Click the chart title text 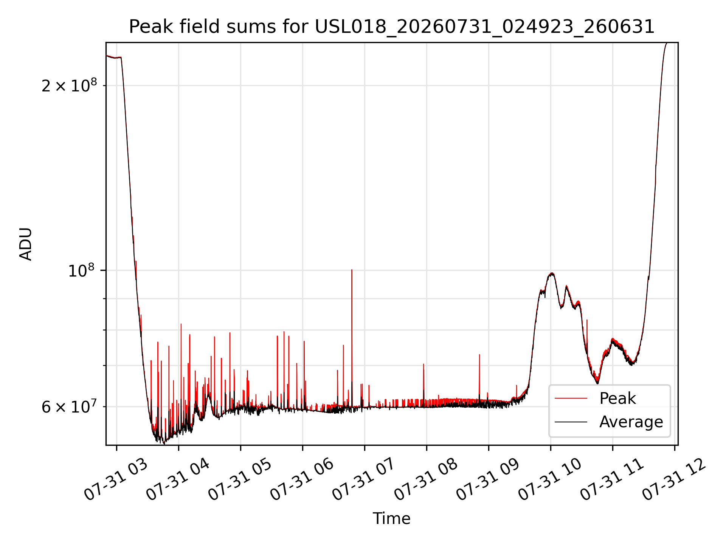click(392, 27)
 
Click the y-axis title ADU click(26, 244)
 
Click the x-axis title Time click(392, 518)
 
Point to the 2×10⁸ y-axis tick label click(69, 85)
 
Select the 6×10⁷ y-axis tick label click(69, 406)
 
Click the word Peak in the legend click(617, 399)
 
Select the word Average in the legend click(631, 422)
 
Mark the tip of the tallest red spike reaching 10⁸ click(352, 270)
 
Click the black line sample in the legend click(571, 422)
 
